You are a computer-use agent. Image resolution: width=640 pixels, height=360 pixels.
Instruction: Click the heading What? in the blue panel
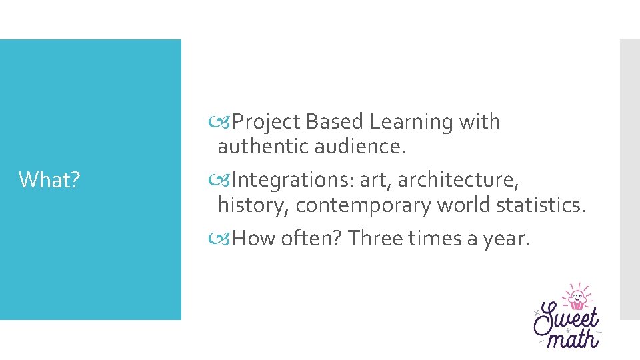tap(50, 179)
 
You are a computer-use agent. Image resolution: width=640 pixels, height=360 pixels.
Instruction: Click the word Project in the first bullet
tap(267, 122)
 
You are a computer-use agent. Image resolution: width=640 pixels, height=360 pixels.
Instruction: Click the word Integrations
tap(293, 180)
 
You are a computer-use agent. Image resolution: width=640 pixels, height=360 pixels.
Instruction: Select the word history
tap(253, 205)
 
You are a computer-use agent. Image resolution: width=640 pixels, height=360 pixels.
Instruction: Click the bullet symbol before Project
tap(225, 123)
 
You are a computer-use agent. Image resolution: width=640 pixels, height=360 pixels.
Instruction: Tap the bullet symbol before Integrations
tap(225, 181)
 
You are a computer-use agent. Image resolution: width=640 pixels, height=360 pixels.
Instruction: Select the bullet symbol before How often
tap(225, 238)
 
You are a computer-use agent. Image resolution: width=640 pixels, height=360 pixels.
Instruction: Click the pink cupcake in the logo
tap(575, 298)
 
